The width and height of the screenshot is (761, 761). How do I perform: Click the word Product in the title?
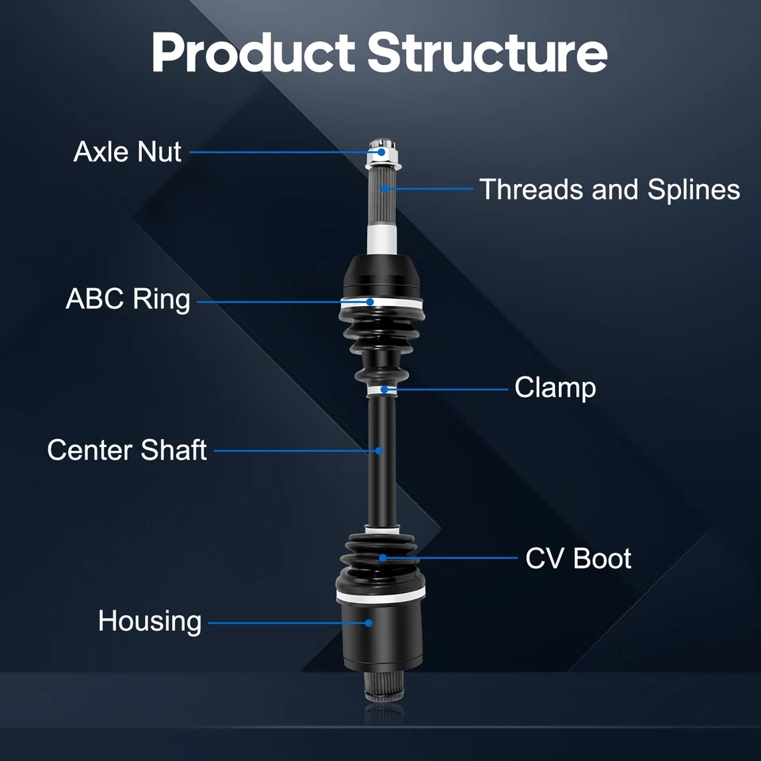[252, 52]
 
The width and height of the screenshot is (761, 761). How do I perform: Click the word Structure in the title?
[488, 52]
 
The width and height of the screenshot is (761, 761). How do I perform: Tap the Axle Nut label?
[127, 151]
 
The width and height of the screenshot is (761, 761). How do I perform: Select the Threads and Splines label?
[610, 189]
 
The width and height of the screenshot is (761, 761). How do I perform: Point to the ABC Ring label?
[128, 300]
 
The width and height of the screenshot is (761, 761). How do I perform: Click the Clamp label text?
[555, 388]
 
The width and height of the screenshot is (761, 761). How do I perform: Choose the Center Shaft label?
[127, 450]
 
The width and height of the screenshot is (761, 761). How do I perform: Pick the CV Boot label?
[578, 558]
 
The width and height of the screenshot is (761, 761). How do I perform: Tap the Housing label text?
[150, 621]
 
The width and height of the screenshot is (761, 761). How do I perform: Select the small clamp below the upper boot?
[382, 388]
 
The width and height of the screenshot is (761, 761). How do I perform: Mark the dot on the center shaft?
[380, 451]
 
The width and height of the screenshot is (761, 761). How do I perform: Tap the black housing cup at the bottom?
[380, 634]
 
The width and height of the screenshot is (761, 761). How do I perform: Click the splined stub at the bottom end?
[380, 686]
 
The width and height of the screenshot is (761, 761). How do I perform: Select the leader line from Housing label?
[285, 623]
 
